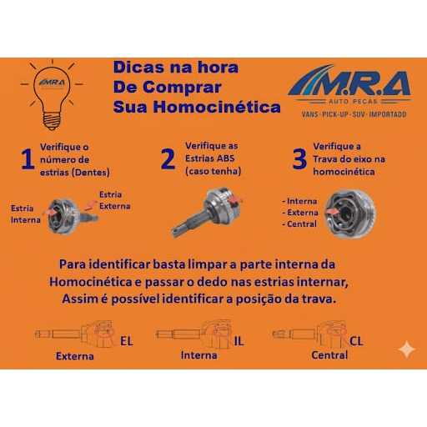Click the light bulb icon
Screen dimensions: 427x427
tap(52, 94)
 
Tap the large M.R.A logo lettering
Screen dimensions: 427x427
tap(350, 83)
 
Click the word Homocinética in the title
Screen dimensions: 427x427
tap(217, 107)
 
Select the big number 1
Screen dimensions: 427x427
tap(28, 158)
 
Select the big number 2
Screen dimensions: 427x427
tap(168, 158)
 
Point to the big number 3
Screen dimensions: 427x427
tap(299, 158)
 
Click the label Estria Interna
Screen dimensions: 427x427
tap(26, 214)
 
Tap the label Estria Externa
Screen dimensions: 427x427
tap(115, 200)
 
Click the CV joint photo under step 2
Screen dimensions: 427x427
tap(206, 212)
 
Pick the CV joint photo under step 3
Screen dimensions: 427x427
tap(351, 213)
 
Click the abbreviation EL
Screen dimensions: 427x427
tap(127, 341)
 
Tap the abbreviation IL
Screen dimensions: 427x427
tap(239, 341)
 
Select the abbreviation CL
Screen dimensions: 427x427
tap(356, 341)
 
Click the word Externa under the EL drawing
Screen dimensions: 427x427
tap(74, 356)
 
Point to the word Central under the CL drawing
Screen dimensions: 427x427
tap(329, 355)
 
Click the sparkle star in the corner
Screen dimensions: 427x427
tap(407, 349)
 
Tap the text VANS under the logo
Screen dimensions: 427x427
tap(310, 114)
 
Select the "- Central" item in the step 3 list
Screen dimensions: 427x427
tap(299, 224)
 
